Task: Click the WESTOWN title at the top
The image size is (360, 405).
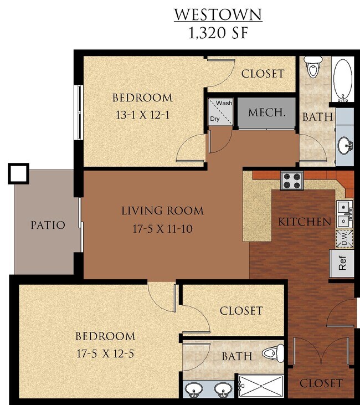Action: tap(218, 14)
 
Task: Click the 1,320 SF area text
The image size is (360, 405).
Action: tap(218, 32)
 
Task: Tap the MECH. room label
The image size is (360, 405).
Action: tap(267, 112)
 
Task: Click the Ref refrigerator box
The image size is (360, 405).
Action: tap(343, 263)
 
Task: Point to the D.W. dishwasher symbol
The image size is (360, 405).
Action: tap(343, 239)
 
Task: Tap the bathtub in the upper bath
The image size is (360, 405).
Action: tap(343, 80)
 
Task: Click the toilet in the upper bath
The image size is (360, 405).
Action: tap(314, 68)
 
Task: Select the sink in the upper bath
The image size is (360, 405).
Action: tap(345, 146)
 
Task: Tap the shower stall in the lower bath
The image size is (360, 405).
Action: tap(260, 386)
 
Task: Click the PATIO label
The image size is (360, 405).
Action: tap(48, 225)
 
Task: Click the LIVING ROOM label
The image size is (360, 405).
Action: tap(162, 211)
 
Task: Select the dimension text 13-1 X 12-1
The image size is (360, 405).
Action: tap(142, 117)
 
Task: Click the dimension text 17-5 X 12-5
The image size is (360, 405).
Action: tap(105, 355)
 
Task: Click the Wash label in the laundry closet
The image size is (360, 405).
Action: tap(224, 104)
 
